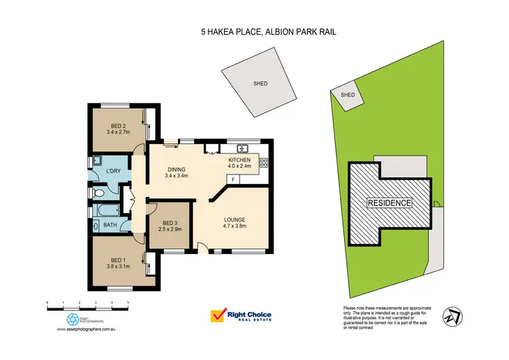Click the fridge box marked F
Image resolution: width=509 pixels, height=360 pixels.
pos(233,179)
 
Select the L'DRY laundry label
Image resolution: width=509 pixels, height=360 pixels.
pos(113,171)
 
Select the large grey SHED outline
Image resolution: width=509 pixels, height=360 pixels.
pos(259,84)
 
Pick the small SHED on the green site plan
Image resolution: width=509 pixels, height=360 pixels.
pos(347,96)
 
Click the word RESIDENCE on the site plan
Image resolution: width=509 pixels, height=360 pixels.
pos(389,202)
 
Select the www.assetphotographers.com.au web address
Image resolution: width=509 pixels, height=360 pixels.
pos(83,330)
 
